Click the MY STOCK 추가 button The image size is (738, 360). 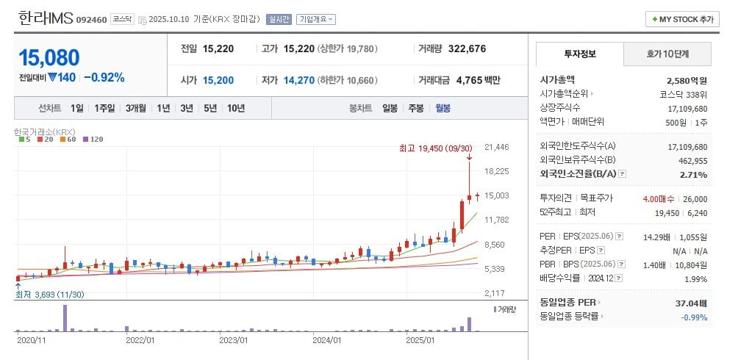click(x=681, y=19)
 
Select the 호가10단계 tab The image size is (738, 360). click(x=667, y=54)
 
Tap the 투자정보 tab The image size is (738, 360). click(x=579, y=54)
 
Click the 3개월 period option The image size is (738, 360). click(x=135, y=108)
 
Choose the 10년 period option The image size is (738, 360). click(x=236, y=108)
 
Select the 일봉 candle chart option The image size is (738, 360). click(x=390, y=108)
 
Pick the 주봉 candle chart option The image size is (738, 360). click(x=416, y=108)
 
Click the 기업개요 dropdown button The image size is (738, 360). click(x=315, y=19)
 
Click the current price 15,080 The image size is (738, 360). click(x=49, y=58)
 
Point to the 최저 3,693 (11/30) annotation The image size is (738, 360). click(x=50, y=295)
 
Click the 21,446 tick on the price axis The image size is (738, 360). click(x=497, y=147)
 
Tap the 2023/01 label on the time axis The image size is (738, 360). click(x=233, y=340)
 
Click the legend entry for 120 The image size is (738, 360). click(x=93, y=139)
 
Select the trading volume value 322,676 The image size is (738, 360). click(x=473, y=48)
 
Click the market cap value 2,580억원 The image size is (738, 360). click(x=687, y=80)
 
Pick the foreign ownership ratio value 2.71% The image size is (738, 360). click(x=693, y=175)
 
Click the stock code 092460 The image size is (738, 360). click(x=91, y=20)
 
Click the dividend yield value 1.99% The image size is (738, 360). click(x=695, y=278)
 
